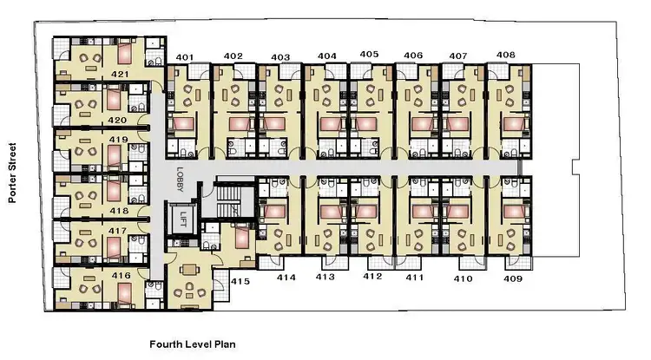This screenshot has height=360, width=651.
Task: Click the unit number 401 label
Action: pyautogui.click(x=184, y=58)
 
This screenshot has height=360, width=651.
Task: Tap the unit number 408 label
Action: pyautogui.click(x=505, y=55)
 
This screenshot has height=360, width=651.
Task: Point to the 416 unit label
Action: pyautogui.click(x=122, y=275)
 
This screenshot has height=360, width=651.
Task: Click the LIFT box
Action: pyautogui.click(x=182, y=218)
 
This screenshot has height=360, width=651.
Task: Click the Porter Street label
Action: pyautogui.click(x=13, y=173)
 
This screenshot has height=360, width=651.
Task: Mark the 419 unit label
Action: pyautogui.click(x=119, y=139)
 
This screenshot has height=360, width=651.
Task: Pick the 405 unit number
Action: pyautogui.click(x=369, y=54)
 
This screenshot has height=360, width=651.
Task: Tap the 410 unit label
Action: pyautogui.click(x=464, y=279)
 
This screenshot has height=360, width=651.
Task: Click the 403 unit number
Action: pyautogui.click(x=279, y=57)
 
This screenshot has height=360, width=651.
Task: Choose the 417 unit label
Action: pyautogui.click(x=119, y=232)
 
